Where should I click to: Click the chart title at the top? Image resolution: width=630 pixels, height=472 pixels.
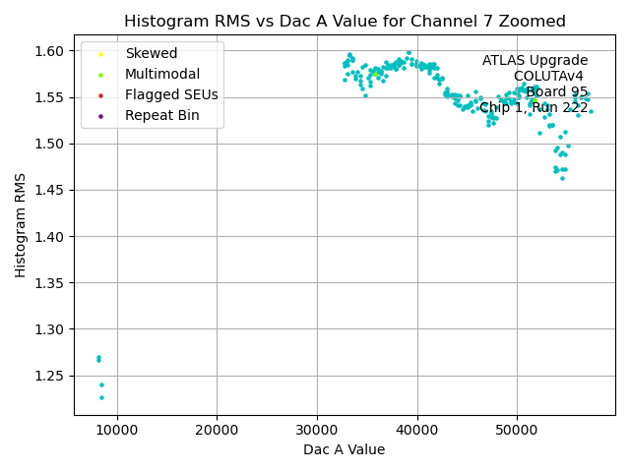coord(345,22)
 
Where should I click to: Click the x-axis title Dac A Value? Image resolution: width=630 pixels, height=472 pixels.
coord(345,450)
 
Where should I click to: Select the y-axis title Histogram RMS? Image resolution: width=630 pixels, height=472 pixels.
coord(21,225)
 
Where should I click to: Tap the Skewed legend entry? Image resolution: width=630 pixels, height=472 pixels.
coord(151,53)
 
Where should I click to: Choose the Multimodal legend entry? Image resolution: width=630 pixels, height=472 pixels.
coord(161,74)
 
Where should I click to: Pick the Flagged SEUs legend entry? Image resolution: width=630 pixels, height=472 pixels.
coord(171,95)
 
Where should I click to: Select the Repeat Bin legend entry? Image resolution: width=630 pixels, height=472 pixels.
coord(161,116)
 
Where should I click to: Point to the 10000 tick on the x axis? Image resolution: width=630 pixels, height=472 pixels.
coord(117,430)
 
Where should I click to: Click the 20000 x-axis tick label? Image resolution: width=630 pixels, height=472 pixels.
coord(218,430)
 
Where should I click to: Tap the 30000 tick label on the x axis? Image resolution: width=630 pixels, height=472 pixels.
coord(317,430)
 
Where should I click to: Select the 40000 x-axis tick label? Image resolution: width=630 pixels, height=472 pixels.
coord(417,430)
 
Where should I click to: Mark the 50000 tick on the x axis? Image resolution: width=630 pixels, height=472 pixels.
coord(517,430)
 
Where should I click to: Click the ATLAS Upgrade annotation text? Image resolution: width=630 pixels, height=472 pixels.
coord(535,61)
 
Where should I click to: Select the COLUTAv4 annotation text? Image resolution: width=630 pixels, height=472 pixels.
coord(548,77)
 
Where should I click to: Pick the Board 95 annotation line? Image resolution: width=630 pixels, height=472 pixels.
coord(556,92)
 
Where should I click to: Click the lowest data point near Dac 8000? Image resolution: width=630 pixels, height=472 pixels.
coord(101,397)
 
